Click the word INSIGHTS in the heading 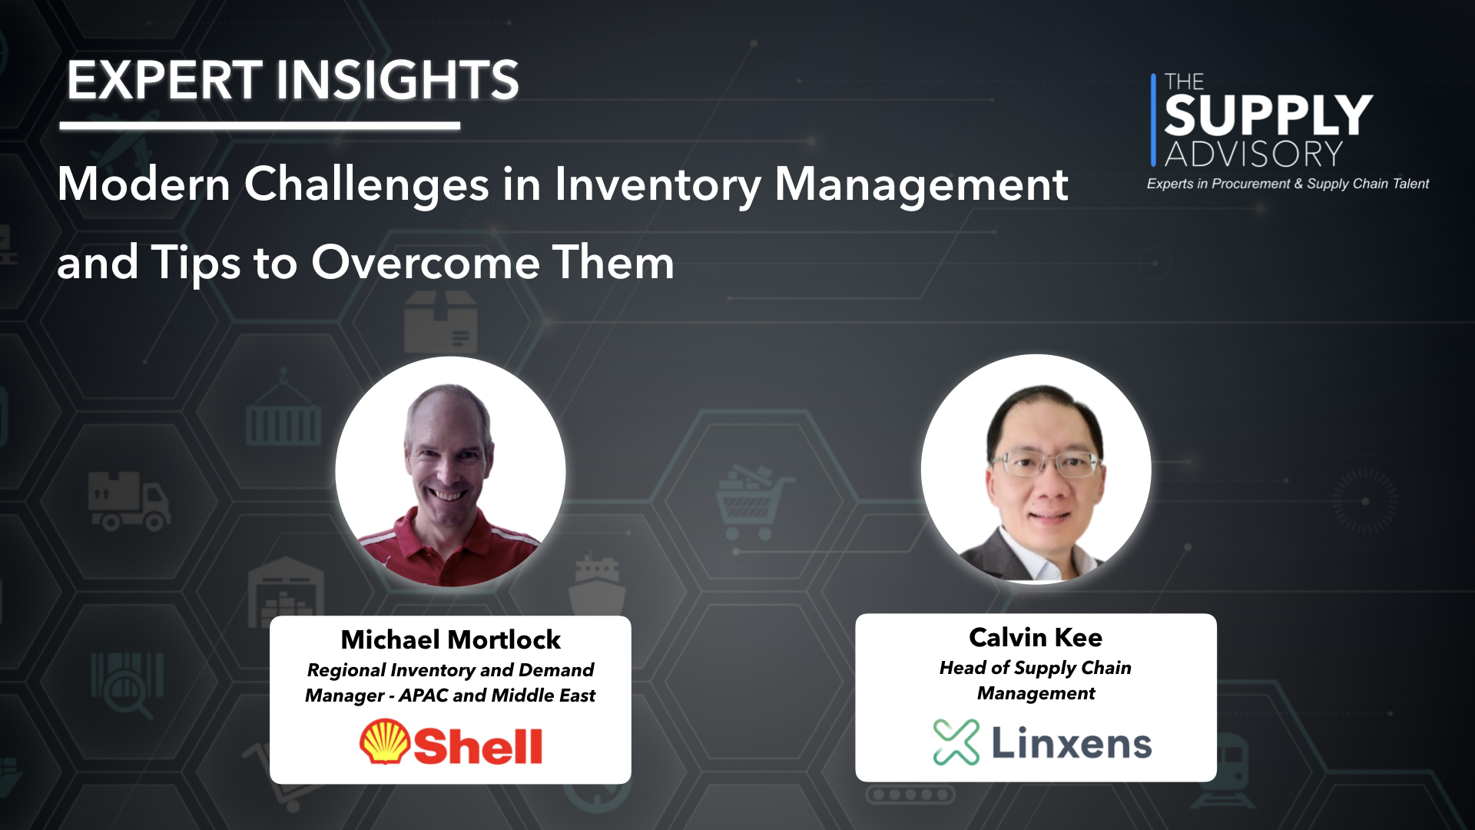pos(397,80)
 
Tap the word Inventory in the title pos(657,184)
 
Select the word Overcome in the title pos(425,263)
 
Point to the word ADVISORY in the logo pos(1254,154)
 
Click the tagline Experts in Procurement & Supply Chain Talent pos(1288,184)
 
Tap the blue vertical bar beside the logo pos(1153,120)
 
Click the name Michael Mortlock pos(450,639)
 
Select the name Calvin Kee pos(1036,637)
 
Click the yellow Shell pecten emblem pos(384,742)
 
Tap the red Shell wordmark pos(478,745)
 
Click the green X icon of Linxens pos(956,742)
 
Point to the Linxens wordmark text pos(1072,743)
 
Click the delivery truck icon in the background pos(128,501)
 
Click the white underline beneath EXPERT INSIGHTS pos(260,125)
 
